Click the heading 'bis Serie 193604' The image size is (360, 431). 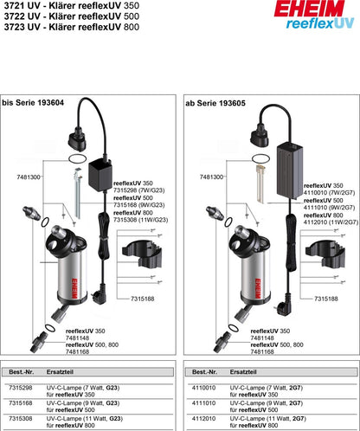pyautogui.click(x=32, y=102)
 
